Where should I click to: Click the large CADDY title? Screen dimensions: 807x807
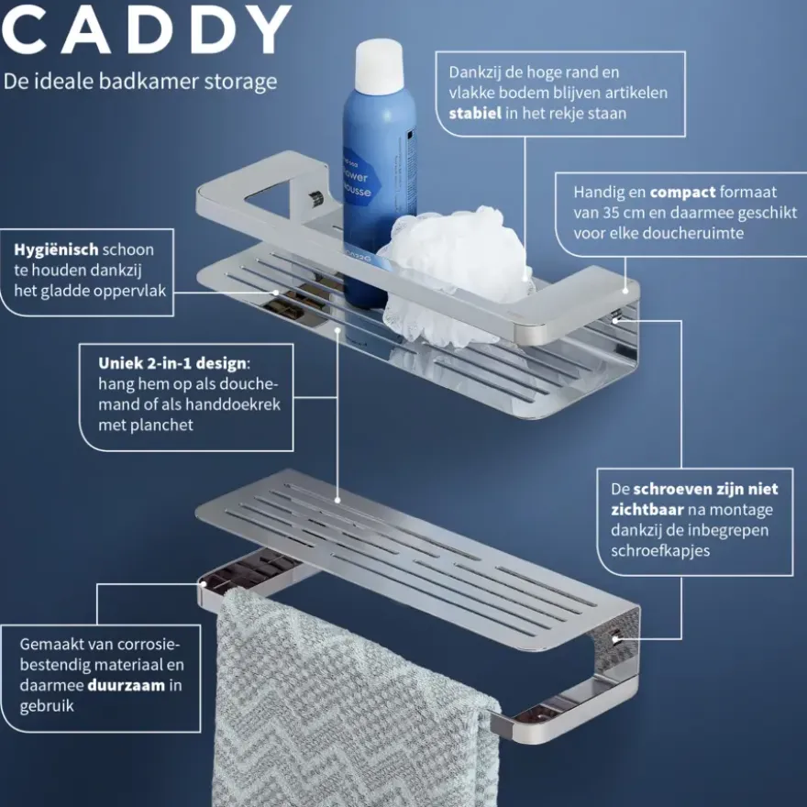pyautogui.click(x=147, y=30)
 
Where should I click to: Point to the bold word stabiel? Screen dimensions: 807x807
pyautogui.click(x=475, y=113)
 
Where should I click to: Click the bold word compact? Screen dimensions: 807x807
pyautogui.click(x=682, y=193)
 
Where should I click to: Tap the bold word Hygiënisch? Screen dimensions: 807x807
pyautogui.click(x=56, y=250)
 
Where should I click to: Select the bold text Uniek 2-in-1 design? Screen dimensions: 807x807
pyautogui.click(x=172, y=363)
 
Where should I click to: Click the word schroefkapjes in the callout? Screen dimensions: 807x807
pyautogui.click(x=660, y=551)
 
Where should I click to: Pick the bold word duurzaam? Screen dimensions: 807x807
pyautogui.click(x=127, y=686)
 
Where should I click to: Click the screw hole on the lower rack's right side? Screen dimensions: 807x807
pyautogui.click(x=615, y=639)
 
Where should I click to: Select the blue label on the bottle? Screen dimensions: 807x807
pyautogui.click(x=362, y=179)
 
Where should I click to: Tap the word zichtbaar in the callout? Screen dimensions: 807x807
pyautogui.click(x=647, y=510)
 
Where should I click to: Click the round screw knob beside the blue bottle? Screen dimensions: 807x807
pyautogui.click(x=315, y=198)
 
